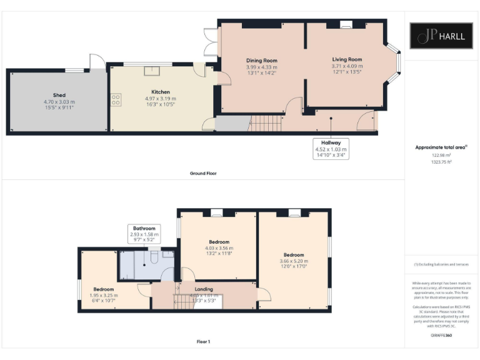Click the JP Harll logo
[x=441, y=36]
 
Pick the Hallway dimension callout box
[x=331, y=149]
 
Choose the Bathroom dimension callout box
[x=144, y=234]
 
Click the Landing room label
[x=204, y=289]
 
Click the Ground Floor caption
[x=204, y=173]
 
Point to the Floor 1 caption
[x=204, y=342]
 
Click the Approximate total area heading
[x=441, y=147]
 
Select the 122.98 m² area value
[x=441, y=154]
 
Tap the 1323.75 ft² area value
[x=441, y=161]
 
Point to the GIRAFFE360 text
[x=441, y=336]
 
